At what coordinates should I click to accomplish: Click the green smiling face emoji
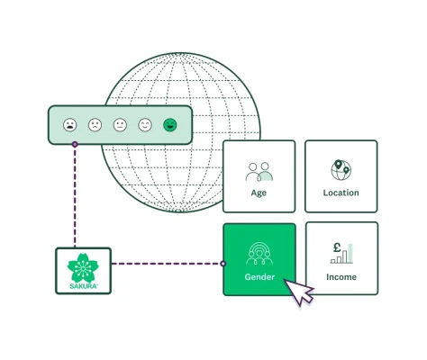coord(170,125)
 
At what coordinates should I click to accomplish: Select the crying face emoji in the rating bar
coord(70,125)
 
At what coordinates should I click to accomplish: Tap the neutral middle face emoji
coord(120,125)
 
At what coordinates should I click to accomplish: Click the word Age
coord(259,193)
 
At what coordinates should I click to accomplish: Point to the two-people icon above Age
coord(259,171)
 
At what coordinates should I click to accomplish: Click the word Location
coord(341,193)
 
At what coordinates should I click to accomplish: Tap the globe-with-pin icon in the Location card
coord(341,170)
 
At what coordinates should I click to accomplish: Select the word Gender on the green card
coord(259,277)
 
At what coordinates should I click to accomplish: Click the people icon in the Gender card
coord(259,252)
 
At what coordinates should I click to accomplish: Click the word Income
coord(341,277)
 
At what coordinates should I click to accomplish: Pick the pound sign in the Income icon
coord(335,247)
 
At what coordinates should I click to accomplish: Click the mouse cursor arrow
coord(298,291)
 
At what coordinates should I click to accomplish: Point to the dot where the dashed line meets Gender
coord(223,264)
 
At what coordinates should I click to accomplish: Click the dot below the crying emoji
coord(75,143)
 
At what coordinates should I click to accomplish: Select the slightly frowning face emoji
coord(95,125)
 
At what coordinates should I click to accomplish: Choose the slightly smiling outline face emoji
coord(145,125)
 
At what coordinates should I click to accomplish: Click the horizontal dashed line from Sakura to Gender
coord(167,264)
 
